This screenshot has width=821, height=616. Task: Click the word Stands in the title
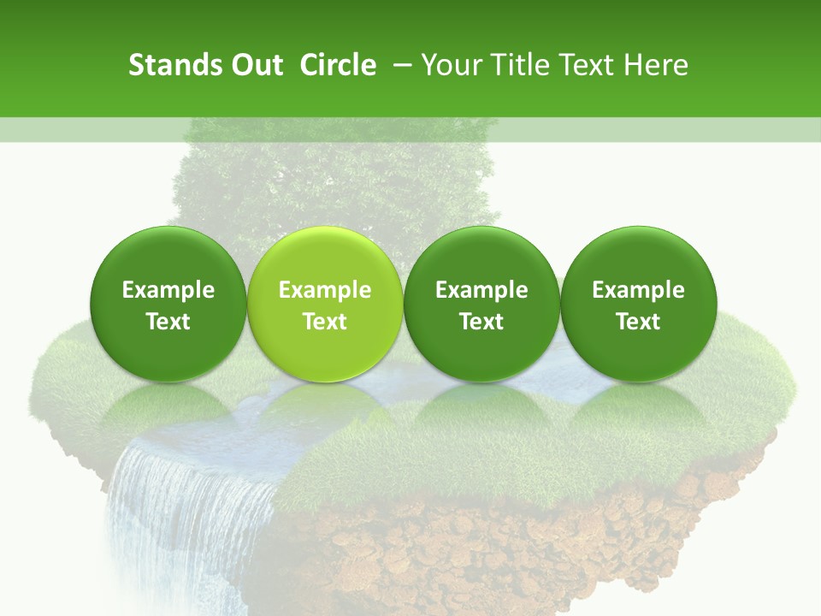(168, 65)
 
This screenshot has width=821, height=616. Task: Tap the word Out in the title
(256, 65)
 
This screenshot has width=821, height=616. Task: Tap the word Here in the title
(657, 65)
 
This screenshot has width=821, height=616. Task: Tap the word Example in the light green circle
(325, 290)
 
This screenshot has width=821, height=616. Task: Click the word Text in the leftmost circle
(168, 322)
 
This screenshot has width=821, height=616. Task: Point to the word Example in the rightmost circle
(638, 290)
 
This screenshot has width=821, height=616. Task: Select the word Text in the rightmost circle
(638, 322)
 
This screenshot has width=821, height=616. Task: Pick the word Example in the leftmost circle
(168, 290)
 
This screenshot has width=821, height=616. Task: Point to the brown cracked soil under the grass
(513, 548)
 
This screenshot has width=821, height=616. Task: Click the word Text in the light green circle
(325, 322)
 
